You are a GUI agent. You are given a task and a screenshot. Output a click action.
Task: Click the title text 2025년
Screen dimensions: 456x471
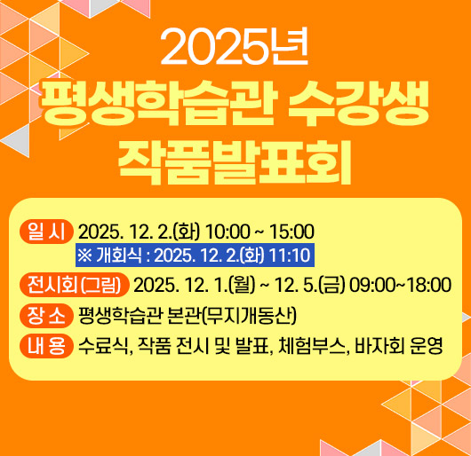click(235, 49)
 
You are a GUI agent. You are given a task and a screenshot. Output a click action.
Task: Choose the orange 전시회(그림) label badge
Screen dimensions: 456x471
click(75, 286)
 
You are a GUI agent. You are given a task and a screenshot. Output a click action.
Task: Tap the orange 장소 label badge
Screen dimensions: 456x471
click(45, 316)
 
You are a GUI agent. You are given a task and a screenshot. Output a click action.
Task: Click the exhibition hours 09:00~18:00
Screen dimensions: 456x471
click(400, 286)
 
